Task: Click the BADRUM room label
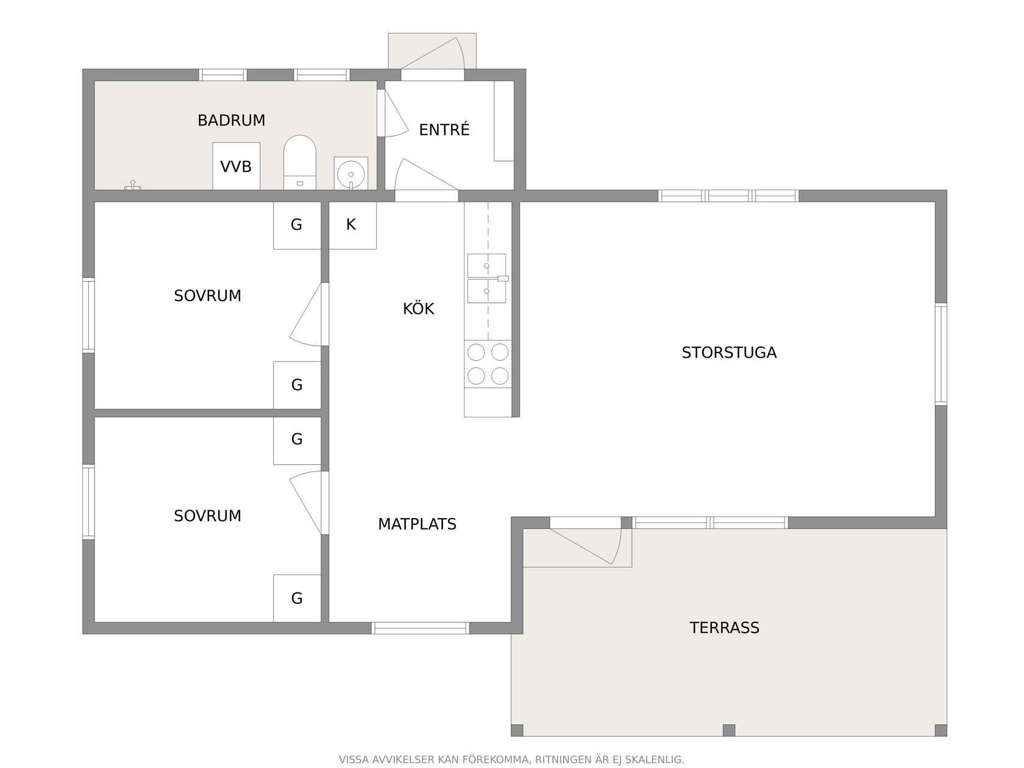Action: (232, 120)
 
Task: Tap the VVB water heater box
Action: (236, 166)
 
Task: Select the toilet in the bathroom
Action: (299, 162)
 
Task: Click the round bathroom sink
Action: (351, 173)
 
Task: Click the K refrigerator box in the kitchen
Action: (353, 226)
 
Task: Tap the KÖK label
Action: (419, 308)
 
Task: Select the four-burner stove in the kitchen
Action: (488, 364)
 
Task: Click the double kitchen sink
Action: (487, 279)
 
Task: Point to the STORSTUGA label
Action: (729, 352)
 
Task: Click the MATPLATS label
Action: (417, 524)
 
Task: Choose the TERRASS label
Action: (725, 628)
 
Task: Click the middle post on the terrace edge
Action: (729, 730)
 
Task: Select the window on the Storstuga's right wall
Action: (941, 354)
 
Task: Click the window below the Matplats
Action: (421, 628)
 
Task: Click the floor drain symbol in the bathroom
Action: (133, 185)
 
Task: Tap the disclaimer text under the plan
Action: (512, 759)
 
